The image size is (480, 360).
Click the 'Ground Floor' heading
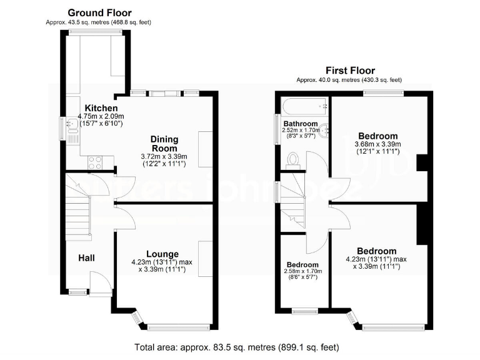99,12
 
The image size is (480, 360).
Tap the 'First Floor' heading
350,71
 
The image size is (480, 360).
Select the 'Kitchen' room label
101,108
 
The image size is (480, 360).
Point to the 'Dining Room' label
164,143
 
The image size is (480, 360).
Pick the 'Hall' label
87,257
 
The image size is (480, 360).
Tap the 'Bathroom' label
301,124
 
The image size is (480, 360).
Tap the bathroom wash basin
324,131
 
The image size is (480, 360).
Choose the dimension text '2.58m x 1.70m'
302,271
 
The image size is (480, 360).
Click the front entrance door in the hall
98,282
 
